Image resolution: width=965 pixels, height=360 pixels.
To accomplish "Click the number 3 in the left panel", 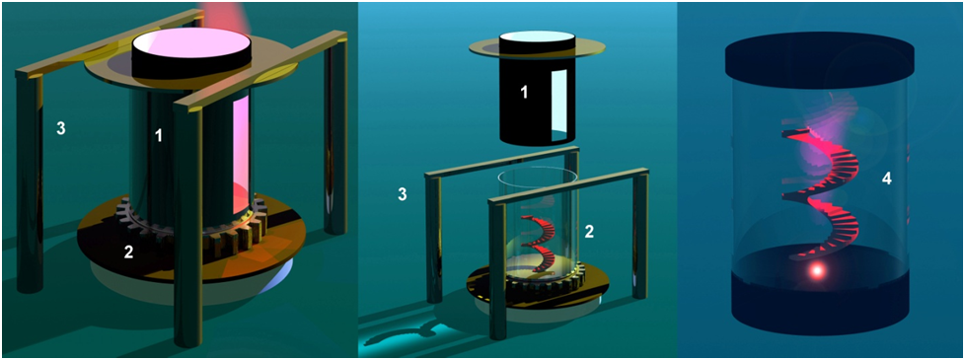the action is click(61, 128).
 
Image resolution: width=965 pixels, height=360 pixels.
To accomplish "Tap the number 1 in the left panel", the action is click(159, 135).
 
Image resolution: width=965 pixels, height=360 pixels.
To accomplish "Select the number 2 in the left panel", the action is click(128, 252).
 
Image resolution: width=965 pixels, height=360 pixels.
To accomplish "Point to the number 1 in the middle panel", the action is click(524, 93).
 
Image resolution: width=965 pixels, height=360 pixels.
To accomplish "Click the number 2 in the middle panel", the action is click(588, 232).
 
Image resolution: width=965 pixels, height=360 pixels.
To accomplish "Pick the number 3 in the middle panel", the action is click(403, 194).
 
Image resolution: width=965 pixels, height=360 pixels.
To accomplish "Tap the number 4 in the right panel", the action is click(887, 180).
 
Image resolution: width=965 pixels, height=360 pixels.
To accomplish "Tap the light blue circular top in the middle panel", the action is click(537, 36).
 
